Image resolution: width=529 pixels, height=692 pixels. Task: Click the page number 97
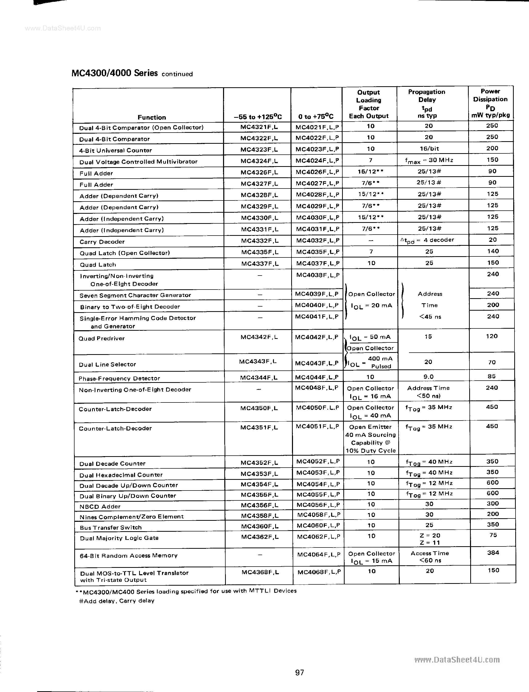click(299, 672)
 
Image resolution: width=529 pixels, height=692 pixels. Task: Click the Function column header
click(152, 118)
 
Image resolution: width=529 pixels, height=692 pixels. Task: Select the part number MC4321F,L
click(259, 127)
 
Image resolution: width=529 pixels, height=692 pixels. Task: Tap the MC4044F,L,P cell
click(317, 377)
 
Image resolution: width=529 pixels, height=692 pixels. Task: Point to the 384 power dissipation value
click(493, 553)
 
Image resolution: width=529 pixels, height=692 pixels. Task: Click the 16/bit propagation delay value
click(429, 148)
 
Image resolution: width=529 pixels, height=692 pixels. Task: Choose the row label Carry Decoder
click(102, 242)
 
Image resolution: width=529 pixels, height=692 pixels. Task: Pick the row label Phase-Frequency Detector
click(119, 378)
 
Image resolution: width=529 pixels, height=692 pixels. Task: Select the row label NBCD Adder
click(100, 507)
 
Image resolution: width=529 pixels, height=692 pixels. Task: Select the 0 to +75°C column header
click(316, 117)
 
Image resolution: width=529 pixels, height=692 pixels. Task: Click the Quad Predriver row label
click(101, 339)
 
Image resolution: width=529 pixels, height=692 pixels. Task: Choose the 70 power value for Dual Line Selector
click(492, 362)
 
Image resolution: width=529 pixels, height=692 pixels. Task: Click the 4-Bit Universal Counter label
click(115, 151)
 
